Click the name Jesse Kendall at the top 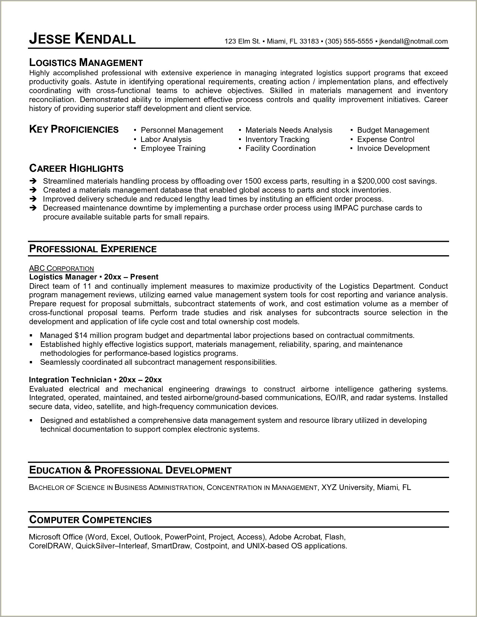[x=82, y=38]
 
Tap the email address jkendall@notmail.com [x=413, y=41]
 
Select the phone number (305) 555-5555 [x=349, y=41]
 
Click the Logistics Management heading [x=86, y=63]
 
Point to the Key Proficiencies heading [x=74, y=129]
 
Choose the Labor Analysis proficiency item [x=166, y=139]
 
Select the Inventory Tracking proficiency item [x=277, y=139]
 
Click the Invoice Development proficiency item [x=393, y=148]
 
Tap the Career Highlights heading [x=76, y=168]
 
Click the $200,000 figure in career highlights [x=373, y=181]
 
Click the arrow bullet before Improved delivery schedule [x=33, y=199]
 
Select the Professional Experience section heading [x=93, y=249]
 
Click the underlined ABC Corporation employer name [x=61, y=268]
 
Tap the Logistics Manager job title [x=63, y=277]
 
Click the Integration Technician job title [x=70, y=380]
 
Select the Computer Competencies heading [x=90, y=519]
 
